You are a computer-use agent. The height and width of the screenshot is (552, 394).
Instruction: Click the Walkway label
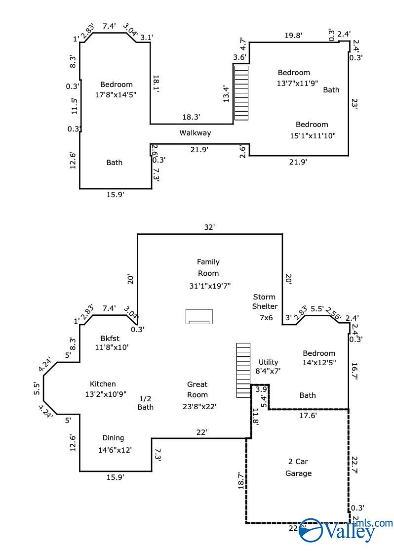pyautogui.click(x=195, y=133)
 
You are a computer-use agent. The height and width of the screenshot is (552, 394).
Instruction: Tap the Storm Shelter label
pyautogui.click(x=265, y=302)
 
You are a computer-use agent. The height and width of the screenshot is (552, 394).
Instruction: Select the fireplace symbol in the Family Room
pyautogui.click(x=199, y=317)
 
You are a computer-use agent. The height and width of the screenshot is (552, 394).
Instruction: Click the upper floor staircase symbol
pyautogui.click(x=241, y=93)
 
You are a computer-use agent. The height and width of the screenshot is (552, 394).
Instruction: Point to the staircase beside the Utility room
pyautogui.click(x=243, y=370)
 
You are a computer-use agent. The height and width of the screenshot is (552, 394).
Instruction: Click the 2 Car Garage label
pyautogui.click(x=298, y=467)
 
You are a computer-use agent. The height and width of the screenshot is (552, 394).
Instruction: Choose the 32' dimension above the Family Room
pyautogui.click(x=209, y=227)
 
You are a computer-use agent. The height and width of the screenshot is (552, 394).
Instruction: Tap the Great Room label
pyautogui.click(x=197, y=389)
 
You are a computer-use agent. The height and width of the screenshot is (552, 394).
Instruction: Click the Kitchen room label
pyautogui.click(x=103, y=384)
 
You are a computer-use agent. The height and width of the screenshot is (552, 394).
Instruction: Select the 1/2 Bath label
pyautogui.click(x=145, y=403)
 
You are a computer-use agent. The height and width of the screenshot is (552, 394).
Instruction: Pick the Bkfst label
pyautogui.click(x=110, y=339)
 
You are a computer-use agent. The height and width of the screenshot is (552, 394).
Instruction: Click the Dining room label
pyautogui.click(x=113, y=438)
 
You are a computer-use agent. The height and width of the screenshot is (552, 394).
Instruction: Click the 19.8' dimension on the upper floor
pyautogui.click(x=293, y=35)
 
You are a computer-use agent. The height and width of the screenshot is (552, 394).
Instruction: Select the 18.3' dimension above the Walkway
pyautogui.click(x=191, y=117)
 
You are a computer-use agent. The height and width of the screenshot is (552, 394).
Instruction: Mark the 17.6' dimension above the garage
pyautogui.click(x=308, y=416)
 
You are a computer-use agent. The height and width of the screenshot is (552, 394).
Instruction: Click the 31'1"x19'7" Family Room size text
pyautogui.click(x=210, y=286)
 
